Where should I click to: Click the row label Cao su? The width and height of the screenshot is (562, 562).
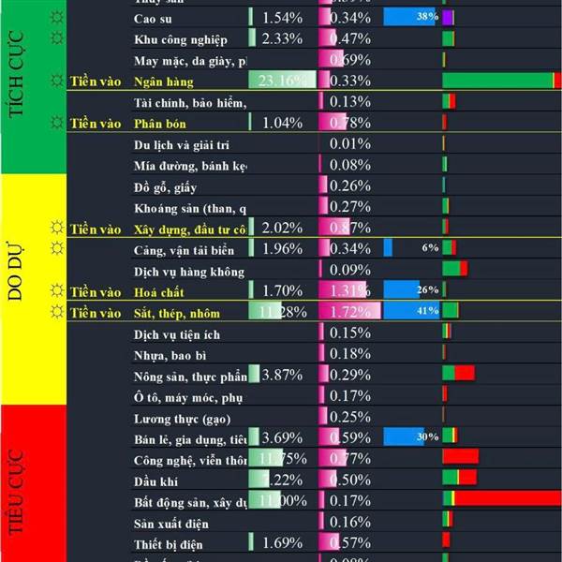tap(152, 18)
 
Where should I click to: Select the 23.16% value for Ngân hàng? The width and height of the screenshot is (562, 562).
tap(281, 81)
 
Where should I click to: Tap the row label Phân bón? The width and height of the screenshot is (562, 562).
tap(155, 123)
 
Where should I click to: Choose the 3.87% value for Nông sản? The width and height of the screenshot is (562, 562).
tap(281, 376)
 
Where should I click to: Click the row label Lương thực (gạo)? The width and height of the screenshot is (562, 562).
tap(182, 418)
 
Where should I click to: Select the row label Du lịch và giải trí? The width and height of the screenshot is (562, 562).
tap(182, 145)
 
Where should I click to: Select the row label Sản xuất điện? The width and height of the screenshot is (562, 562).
tap(171, 523)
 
